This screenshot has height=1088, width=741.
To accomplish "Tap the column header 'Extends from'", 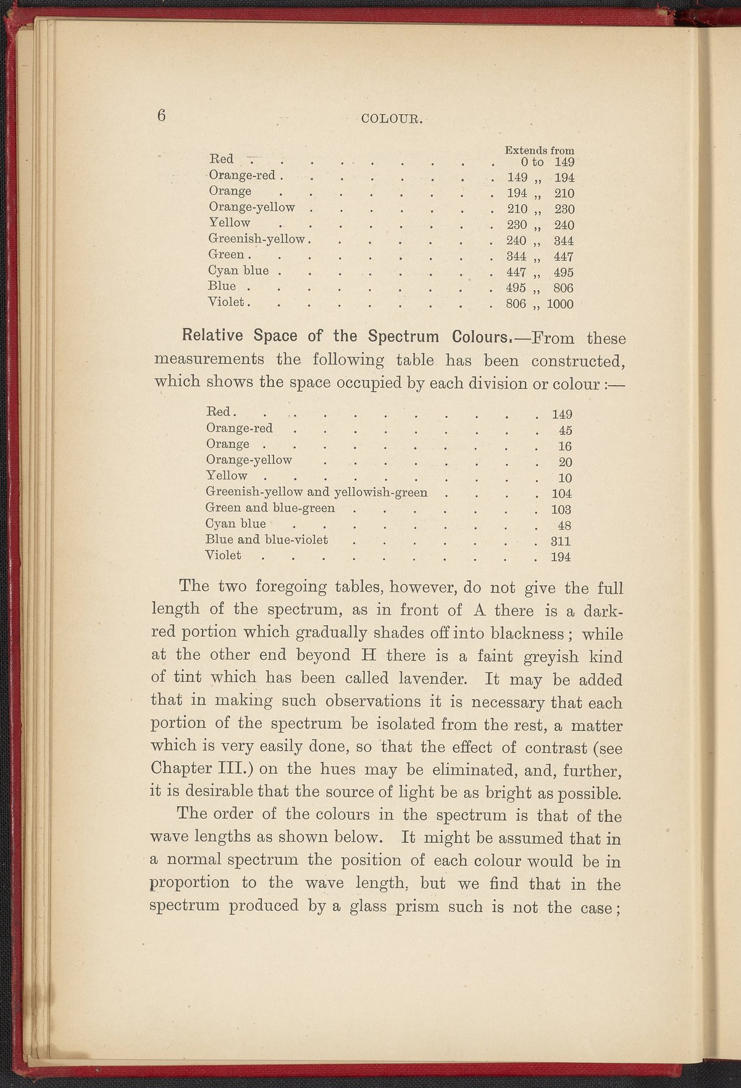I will coord(539,150).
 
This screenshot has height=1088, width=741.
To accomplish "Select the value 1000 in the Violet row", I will coord(560,304).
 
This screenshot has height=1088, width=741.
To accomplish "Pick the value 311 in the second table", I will coord(561,541).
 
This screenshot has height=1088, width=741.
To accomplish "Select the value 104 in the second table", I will coord(561,494).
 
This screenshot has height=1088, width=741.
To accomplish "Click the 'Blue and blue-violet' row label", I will coord(266,539).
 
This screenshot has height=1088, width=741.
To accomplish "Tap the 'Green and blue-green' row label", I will coord(270,508).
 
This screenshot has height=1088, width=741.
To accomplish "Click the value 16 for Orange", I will coord(565,446).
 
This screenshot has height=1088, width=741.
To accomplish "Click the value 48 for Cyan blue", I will coord(564,526).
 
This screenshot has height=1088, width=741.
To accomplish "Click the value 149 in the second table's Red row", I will coord(561,413).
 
